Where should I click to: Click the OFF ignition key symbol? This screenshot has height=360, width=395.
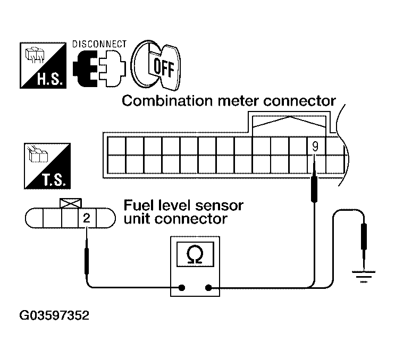[x=156, y=66]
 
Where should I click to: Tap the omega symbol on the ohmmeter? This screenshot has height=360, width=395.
[x=195, y=255]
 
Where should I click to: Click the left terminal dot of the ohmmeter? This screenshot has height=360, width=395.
[x=182, y=288]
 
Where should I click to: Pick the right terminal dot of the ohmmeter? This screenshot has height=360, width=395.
[x=208, y=288]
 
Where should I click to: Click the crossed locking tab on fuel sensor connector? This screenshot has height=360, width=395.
[x=70, y=203]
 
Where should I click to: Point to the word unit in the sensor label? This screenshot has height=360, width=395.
[x=137, y=218]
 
